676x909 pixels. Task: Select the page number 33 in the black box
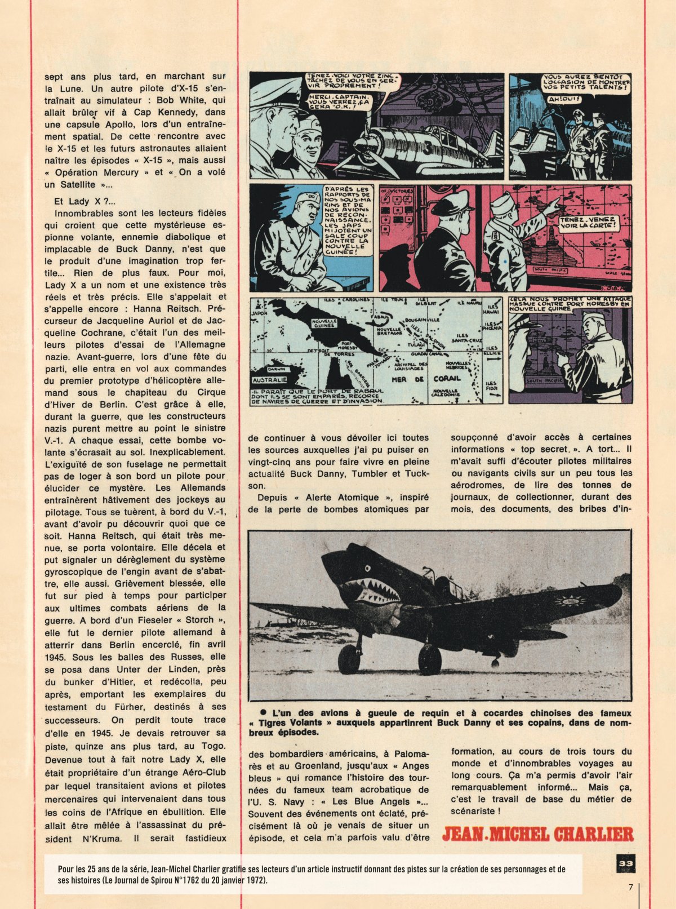pyautogui.click(x=625, y=863)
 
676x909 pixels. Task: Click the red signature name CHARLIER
pyautogui.click(x=589, y=833)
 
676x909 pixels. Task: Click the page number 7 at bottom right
pyautogui.click(x=630, y=887)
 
